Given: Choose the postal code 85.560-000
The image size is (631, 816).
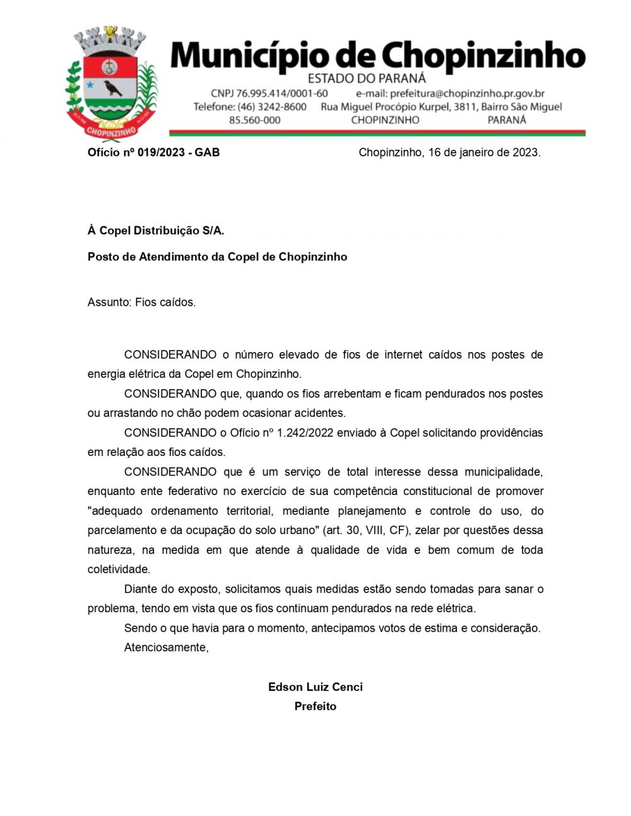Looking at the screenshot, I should coord(254,120).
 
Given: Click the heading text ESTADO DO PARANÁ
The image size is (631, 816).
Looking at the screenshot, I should coord(367,79).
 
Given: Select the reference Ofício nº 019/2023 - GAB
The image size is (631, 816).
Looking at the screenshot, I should coord(153,153).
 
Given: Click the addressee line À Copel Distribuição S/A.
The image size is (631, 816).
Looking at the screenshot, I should coord(156,231).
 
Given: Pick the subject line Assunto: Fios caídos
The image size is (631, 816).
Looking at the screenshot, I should coord(141,303).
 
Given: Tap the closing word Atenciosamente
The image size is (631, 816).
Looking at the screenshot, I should coord(166,648).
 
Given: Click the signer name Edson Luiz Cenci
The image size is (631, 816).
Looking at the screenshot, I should coord(315,687).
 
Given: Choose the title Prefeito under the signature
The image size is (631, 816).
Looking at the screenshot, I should coord(315,707).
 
